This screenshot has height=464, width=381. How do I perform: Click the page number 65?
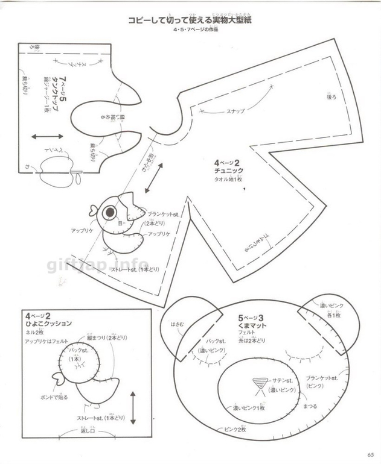tap(368, 454)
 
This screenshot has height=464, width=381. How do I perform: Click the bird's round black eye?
tap(110, 213)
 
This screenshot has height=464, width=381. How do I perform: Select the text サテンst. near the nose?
tap(281, 381)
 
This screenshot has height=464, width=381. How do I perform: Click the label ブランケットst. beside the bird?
tap(162, 214)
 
